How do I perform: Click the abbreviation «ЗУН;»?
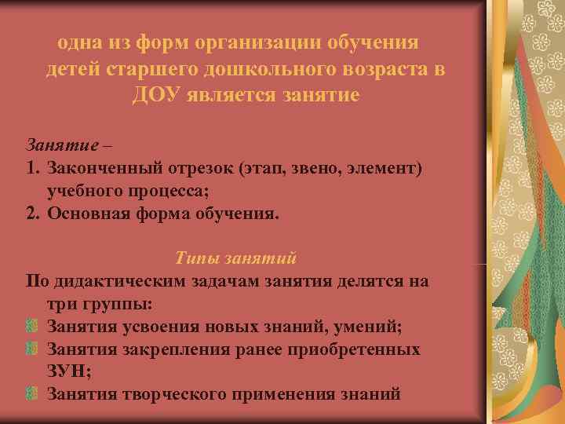pyautogui.click(x=68, y=371)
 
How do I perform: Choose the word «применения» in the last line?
pyautogui.click(x=286, y=393)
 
